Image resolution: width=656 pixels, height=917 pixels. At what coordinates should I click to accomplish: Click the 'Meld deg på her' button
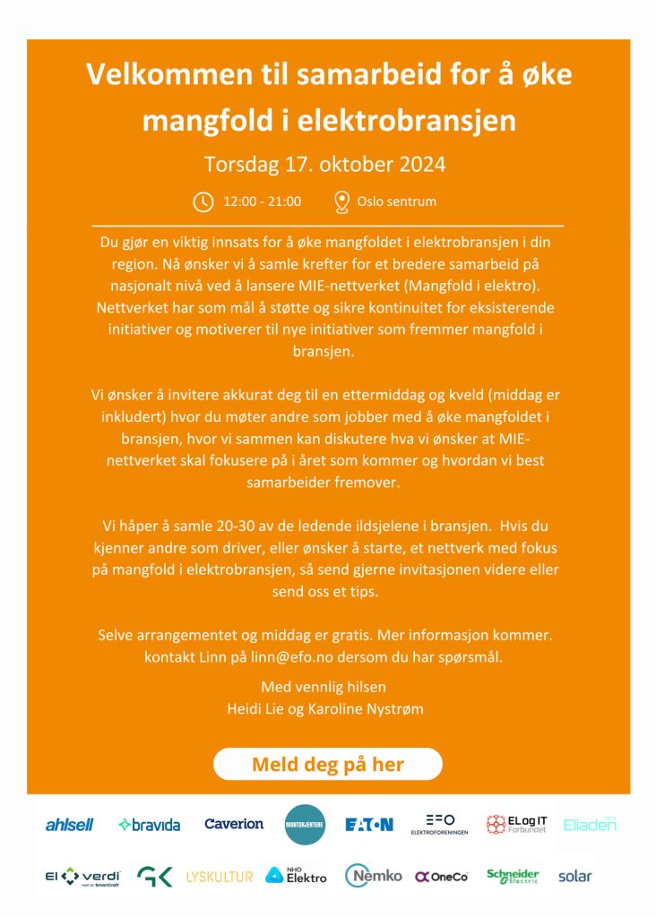[x=328, y=765]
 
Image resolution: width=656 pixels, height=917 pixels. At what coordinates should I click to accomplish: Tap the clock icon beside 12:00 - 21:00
[x=203, y=201]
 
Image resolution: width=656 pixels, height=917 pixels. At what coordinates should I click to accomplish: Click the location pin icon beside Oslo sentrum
[x=341, y=201]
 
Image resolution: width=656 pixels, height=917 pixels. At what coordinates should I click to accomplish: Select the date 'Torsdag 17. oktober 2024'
[x=324, y=166]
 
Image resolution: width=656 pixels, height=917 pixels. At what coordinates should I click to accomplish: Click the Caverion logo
[x=234, y=824]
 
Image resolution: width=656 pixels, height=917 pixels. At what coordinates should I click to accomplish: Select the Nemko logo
[x=374, y=876]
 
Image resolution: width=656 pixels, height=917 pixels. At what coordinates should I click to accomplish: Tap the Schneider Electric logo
[x=513, y=876]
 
